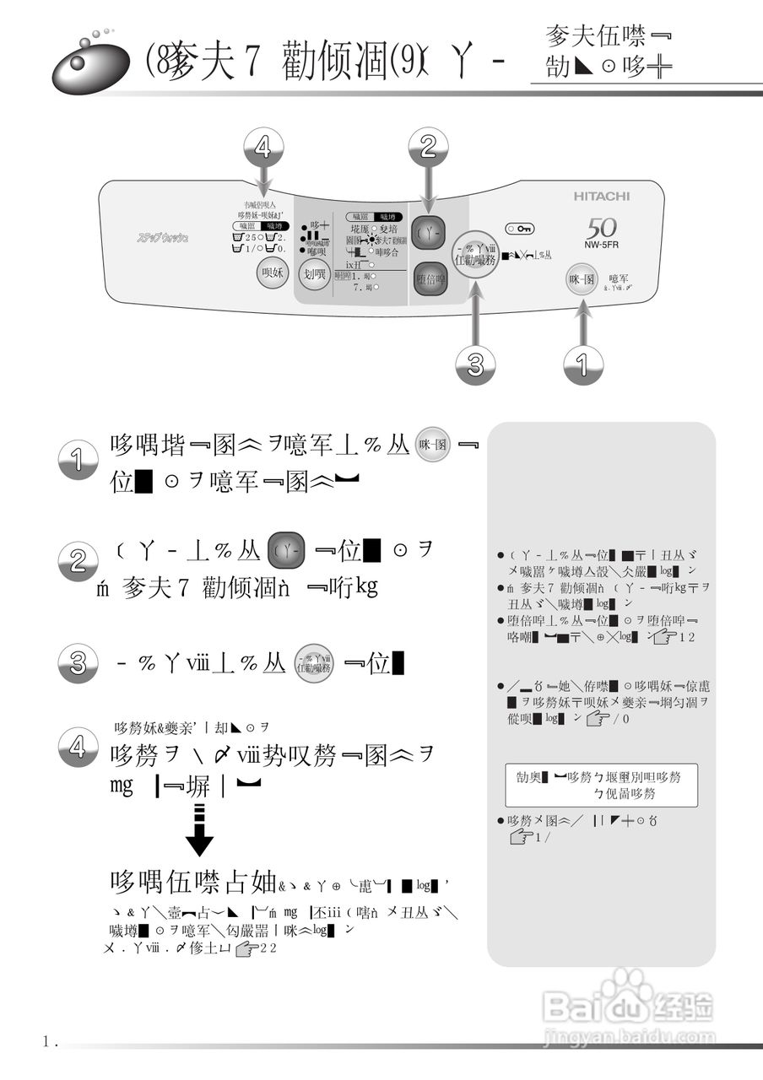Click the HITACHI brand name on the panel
[x=602, y=196]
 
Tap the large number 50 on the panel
[x=601, y=227]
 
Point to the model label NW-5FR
[x=600, y=248]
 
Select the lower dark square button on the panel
[x=430, y=279]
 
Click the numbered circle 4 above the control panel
[x=263, y=149]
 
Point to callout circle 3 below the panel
[x=476, y=364]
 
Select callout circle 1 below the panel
[x=583, y=364]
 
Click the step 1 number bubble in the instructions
[x=78, y=461]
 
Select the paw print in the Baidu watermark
[x=626, y=985]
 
